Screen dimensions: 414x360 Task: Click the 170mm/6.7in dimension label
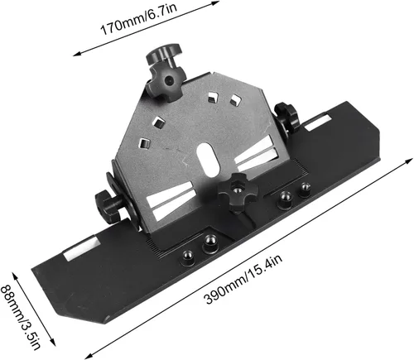[x=138, y=17]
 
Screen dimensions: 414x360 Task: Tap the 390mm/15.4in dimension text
[x=243, y=279]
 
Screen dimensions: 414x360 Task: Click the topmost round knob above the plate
[x=164, y=54]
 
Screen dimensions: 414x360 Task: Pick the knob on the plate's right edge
[x=287, y=117]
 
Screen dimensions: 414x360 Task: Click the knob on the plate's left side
[x=108, y=204]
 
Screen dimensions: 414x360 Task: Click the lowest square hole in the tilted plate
[x=144, y=143]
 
